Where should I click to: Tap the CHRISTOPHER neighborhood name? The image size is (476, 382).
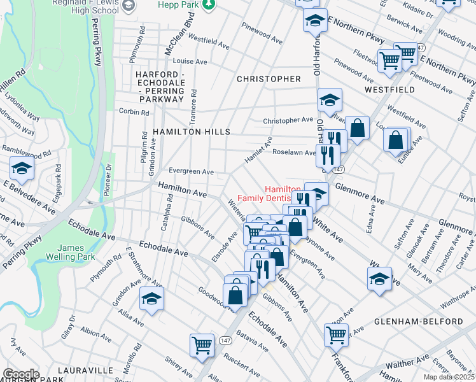pyautogui.click(x=268, y=79)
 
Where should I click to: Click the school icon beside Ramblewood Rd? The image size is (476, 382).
pyautogui.click(x=22, y=169)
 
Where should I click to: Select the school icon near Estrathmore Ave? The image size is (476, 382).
pyautogui.click(x=151, y=299)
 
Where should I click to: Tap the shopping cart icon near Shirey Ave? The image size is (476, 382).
pyautogui.click(x=202, y=346)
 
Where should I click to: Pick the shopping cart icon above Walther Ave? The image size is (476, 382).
pyautogui.click(x=336, y=334)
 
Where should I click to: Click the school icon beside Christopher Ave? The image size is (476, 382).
pyautogui.click(x=329, y=100)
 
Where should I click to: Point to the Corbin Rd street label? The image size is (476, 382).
pyautogui.click(x=134, y=112)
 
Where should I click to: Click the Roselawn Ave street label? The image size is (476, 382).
pyautogui.click(x=293, y=153)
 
